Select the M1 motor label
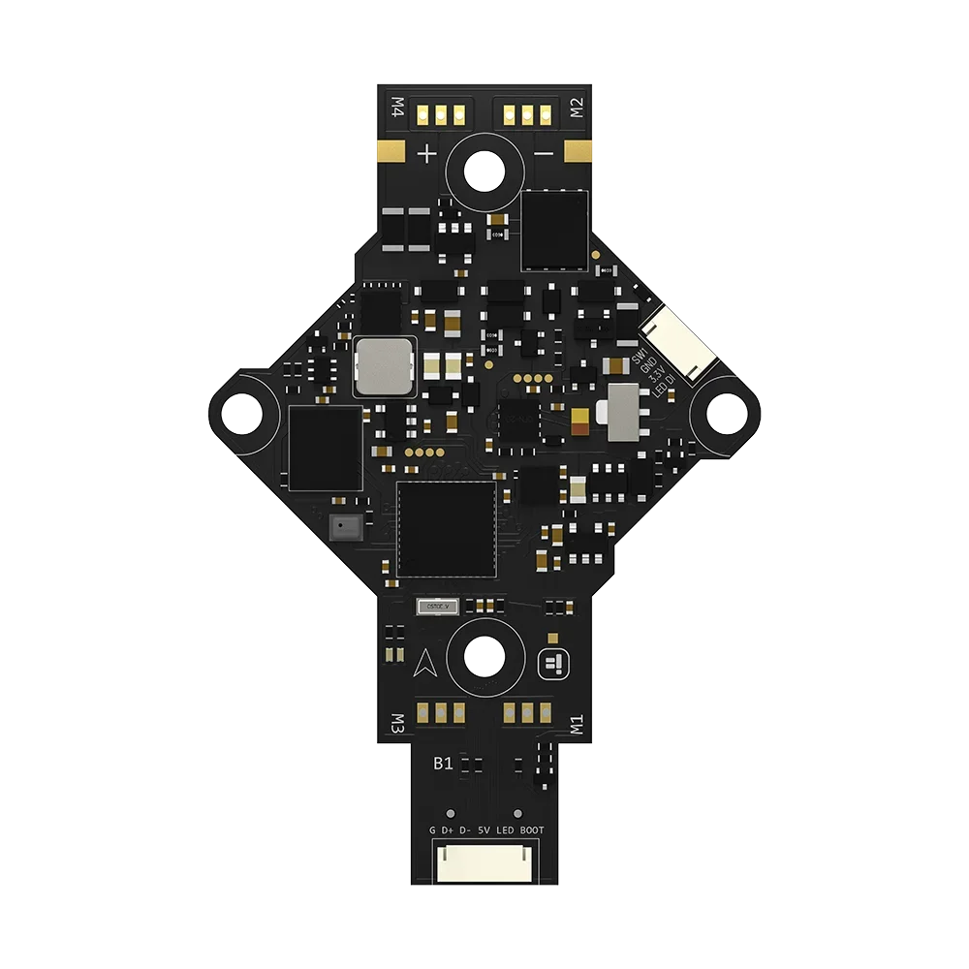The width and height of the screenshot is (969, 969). pos(576,725)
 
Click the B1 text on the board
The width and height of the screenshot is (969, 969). pos(443,764)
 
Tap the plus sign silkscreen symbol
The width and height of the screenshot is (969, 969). pos(426,153)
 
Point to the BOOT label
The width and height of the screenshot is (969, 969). pos(532,830)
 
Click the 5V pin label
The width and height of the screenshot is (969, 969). pos(484,830)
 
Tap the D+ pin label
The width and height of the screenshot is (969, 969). pos(448,830)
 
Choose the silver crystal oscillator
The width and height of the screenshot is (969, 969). pos(436,607)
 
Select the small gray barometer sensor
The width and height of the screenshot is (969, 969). pos(343,526)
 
